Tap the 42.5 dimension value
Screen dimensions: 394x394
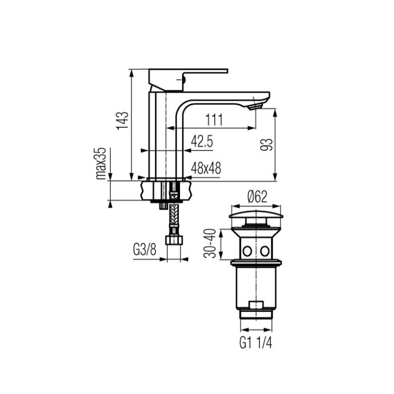(201, 142)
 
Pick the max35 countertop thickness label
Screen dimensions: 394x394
(101, 163)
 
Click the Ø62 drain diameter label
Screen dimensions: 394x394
(256, 195)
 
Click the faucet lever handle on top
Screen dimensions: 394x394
(189, 72)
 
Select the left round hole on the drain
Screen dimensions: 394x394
(247, 251)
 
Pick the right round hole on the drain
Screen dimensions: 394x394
(265, 251)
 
